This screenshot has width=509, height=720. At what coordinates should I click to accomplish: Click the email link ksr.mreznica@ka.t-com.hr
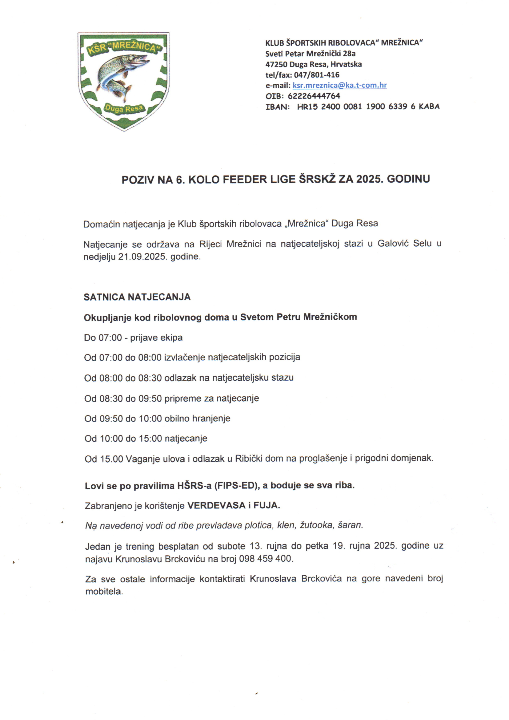(339, 85)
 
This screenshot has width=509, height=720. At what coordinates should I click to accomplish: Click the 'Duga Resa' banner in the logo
(123, 109)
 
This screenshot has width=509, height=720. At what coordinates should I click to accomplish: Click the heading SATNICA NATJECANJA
(137, 297)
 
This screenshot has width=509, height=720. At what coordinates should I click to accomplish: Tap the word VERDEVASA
(216, 505)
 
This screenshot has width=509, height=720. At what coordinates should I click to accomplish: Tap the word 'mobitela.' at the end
(104, 591)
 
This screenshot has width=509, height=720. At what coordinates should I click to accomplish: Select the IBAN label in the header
(277, 107)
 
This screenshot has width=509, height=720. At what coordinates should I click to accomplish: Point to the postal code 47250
(276, 64)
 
